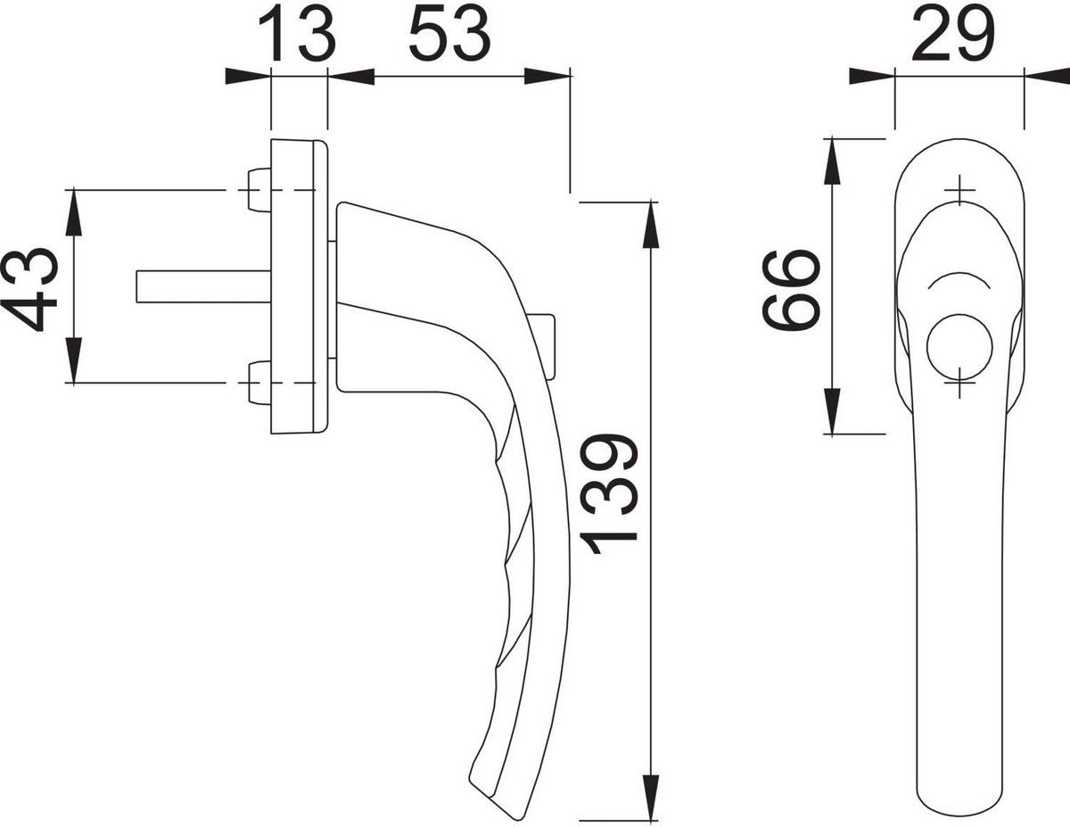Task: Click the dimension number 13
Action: coord(297,33)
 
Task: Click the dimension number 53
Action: coord(449,33)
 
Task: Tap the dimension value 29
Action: coord(954,33)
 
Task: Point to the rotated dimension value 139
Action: coord(608,494)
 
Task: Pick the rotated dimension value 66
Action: coord(791,291)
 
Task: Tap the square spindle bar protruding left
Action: coord(203,286)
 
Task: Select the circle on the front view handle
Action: coord(959,347)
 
